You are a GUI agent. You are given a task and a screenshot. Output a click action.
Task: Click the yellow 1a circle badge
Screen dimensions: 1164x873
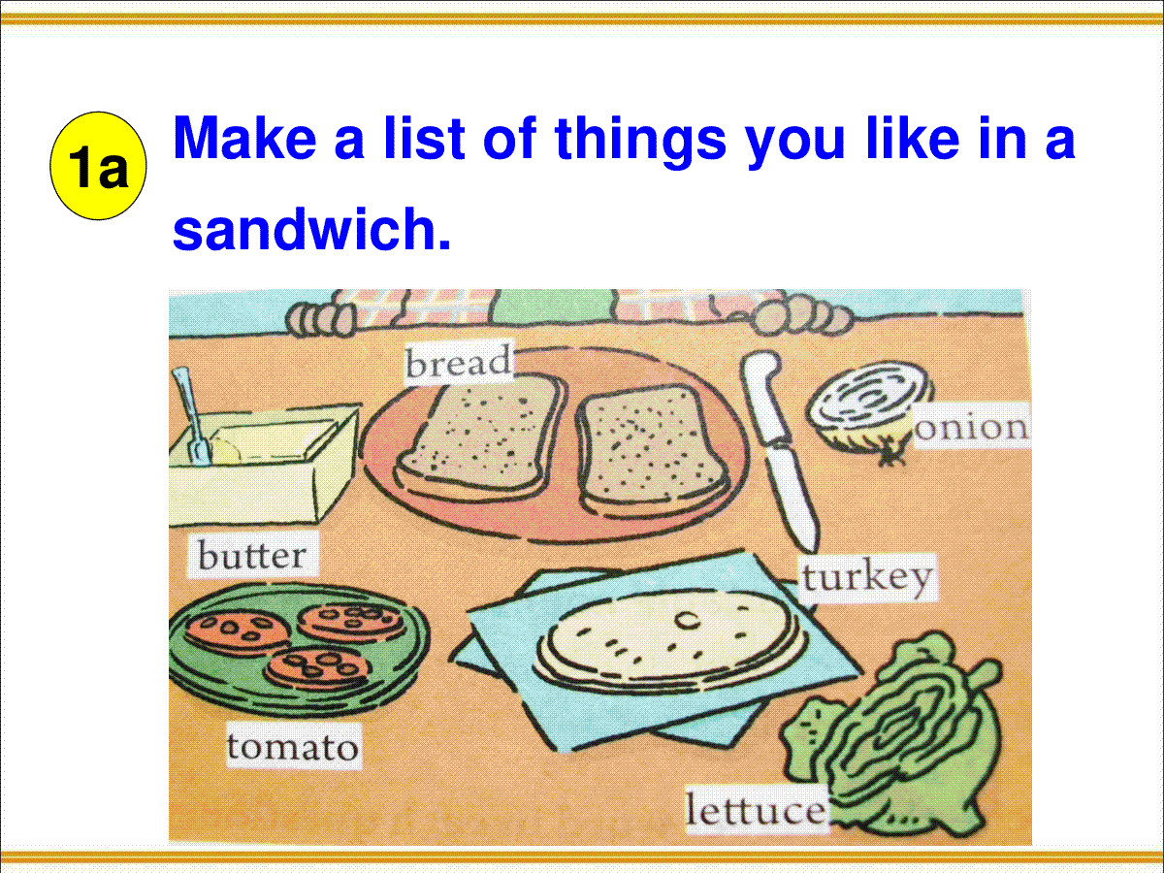point(98,165)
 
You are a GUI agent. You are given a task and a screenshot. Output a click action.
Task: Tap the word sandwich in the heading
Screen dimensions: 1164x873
point(311,229)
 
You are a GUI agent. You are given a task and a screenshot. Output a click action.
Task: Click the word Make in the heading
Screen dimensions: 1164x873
point(244,138)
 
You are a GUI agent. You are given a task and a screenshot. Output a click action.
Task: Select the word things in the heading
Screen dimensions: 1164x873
point(640,142)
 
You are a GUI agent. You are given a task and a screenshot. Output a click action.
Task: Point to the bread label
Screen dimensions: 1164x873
point(458,361)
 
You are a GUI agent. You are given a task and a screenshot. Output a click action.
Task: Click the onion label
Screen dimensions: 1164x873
point(972,427)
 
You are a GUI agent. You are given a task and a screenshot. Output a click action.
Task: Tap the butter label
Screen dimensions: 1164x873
point(252,555)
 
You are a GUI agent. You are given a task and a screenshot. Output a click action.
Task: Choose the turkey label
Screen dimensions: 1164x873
point(867,577)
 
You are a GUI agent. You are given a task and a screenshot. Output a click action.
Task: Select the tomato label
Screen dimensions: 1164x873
point(293,747)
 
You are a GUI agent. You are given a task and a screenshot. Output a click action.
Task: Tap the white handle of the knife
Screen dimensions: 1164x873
point(764,397)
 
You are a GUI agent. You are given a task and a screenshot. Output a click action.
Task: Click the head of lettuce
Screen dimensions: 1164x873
point(896,737)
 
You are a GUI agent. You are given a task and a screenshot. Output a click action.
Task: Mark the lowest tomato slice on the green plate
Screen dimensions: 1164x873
point(317,669)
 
